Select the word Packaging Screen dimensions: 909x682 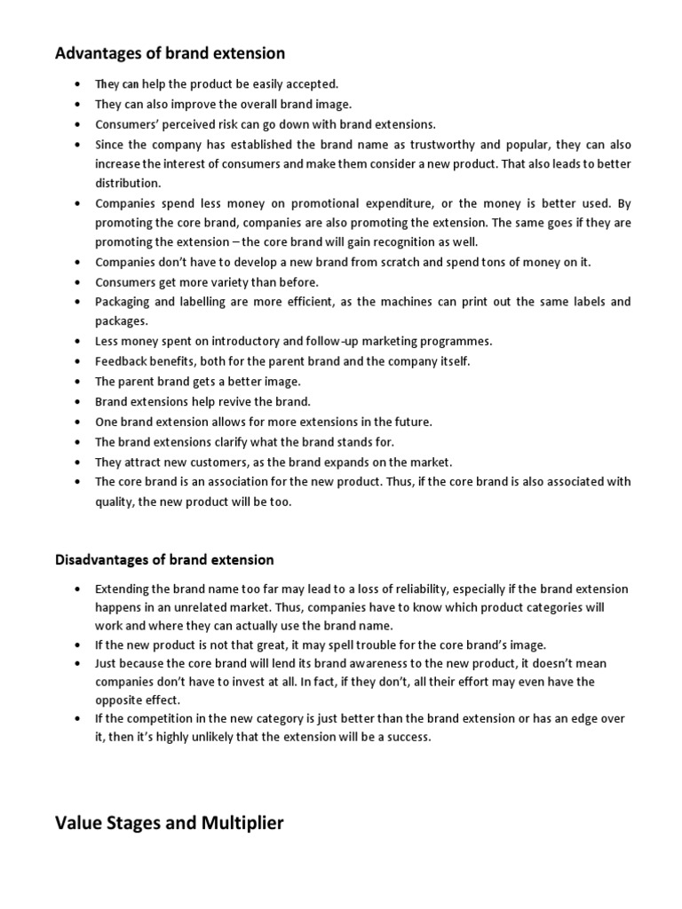pos(123,302)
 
